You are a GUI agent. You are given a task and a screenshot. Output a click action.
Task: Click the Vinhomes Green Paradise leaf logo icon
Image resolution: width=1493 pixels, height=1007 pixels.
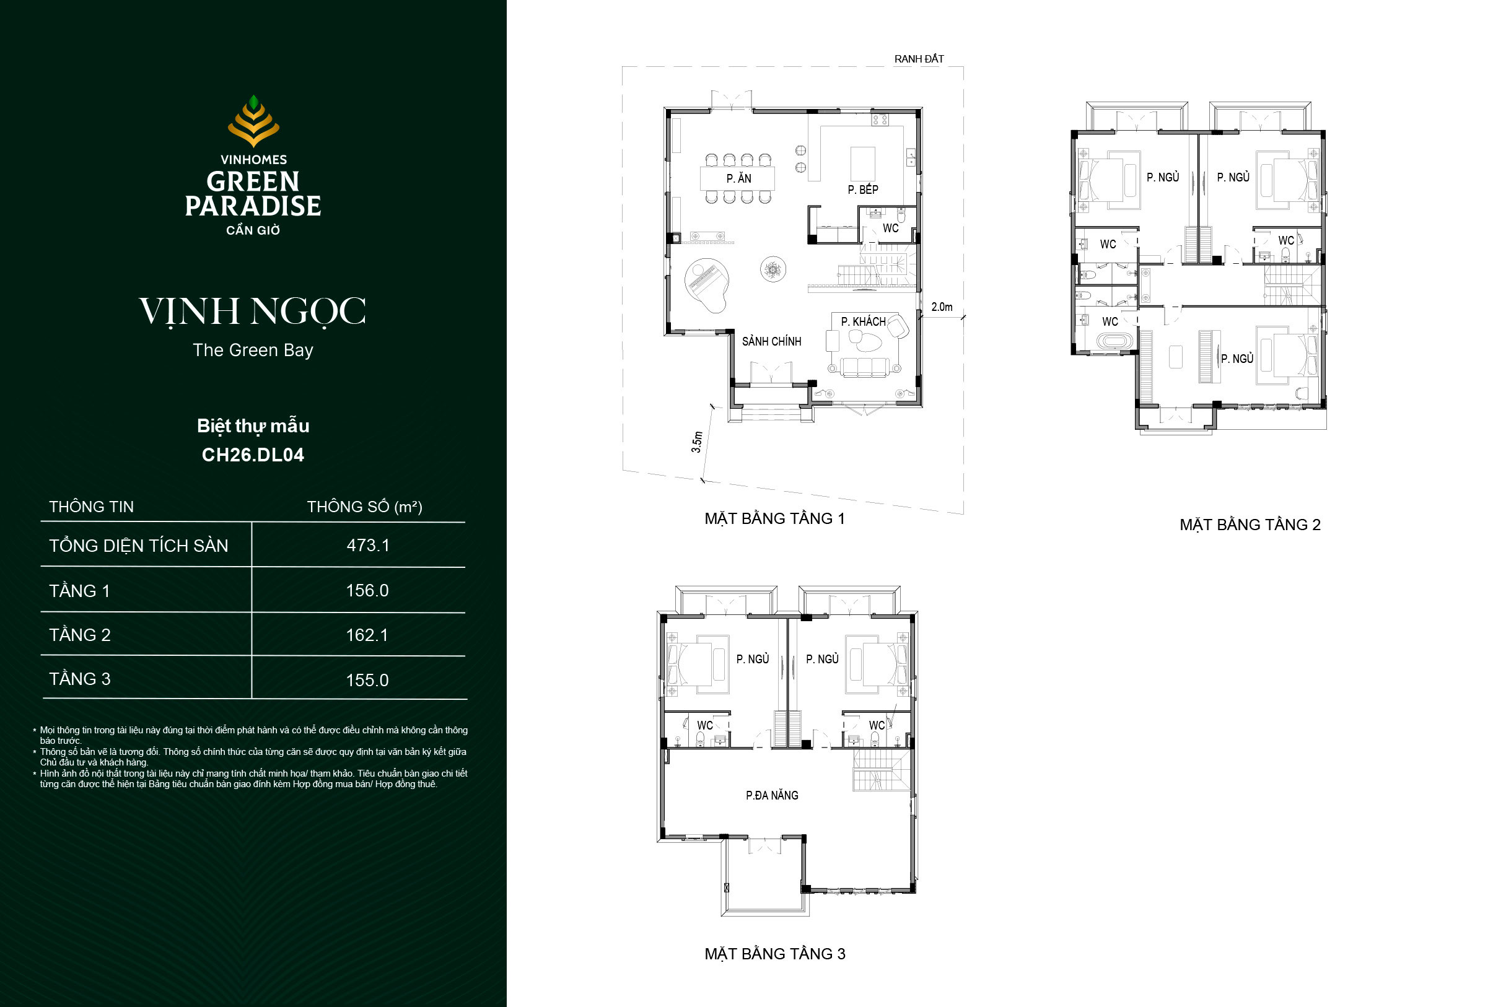click(254, 121)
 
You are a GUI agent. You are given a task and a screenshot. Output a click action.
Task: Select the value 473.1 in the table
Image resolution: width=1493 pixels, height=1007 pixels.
click(368, 545)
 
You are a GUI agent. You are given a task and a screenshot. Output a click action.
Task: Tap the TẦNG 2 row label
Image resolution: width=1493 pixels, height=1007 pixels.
click(80, 635)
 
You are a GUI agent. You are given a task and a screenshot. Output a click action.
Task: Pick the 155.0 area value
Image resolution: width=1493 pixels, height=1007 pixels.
click(367, 680)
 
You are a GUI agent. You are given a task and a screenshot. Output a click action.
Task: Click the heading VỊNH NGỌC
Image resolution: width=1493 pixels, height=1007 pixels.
click(253, 312)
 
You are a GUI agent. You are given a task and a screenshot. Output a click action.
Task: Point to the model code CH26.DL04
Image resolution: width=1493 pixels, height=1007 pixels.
click(253, 455)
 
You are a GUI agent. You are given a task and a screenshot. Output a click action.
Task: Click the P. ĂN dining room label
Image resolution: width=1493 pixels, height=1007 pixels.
click(738, 178)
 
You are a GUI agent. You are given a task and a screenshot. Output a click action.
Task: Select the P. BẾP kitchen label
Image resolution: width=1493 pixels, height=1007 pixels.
click(862, 190)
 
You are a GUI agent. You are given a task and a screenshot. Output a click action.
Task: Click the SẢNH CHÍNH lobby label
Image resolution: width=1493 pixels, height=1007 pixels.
click(771, 341)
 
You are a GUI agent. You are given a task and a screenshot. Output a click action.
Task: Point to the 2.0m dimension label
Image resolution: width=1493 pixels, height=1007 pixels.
click(942, 307)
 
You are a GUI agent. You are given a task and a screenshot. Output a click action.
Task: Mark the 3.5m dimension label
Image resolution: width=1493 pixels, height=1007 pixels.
click(697, 442)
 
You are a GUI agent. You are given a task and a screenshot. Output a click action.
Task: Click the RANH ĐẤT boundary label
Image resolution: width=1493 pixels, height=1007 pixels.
click(919, 59)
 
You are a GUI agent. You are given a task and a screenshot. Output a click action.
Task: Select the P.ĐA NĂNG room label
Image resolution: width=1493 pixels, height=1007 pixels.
click(771, 795)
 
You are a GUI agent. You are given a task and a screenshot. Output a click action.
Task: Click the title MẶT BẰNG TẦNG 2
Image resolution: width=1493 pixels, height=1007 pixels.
click(1250, 525)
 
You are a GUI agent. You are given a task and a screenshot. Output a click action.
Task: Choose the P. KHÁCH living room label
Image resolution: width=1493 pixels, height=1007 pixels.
click(863, 321)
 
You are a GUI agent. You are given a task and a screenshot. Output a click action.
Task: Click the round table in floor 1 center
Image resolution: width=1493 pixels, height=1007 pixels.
click(773, 268)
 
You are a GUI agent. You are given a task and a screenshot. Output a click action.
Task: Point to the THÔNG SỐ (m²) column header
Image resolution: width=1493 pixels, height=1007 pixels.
click(364, 507)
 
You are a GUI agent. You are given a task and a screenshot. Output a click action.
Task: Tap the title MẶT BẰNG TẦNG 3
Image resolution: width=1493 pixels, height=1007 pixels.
click(775, 954)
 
